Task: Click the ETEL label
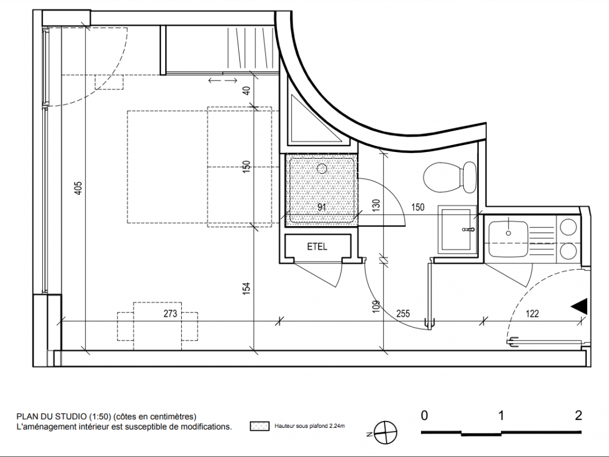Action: [x=317, y=247]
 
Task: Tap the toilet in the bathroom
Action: [x=450, y=177]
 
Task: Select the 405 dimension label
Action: [x=78, y=188]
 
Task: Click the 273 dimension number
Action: [x=170, y=314]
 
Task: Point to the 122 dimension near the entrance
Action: [x=532, y=314]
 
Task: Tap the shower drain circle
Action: [x=322, y=169]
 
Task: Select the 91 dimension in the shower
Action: [x=322, y=207]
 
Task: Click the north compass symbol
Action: [x=385, y=432]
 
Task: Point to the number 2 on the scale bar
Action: [x=578, y=415]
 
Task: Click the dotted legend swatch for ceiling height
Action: [x=259, y=426]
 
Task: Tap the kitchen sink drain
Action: [x=508, y=233]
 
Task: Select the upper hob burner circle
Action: [x=568, y=227]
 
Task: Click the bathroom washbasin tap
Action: [x=468, y=230]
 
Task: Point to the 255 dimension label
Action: [x=403, y=314]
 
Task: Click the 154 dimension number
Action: [x=246, y=288]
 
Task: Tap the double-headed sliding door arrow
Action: [x=223, y=81]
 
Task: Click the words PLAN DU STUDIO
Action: [x=51, y=416]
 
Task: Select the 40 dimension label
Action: [x=246, y=90]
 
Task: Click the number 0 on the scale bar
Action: [x=424, y=415]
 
